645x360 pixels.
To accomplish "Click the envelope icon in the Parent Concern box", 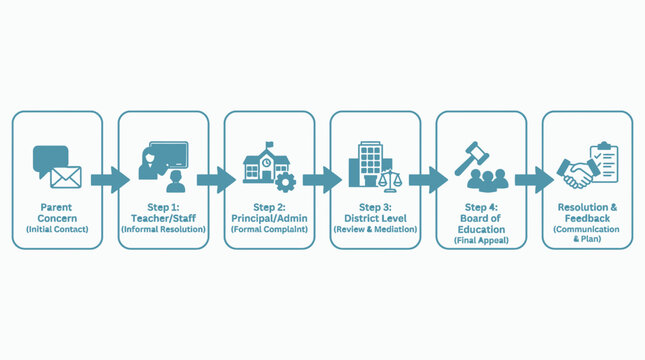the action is pyautogui.click(x=66, y=177).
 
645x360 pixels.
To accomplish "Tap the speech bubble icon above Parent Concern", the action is pyautogui.click(x=49, y=158).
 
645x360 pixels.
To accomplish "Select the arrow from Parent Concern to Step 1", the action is pyautogui.click(x=110, y=180).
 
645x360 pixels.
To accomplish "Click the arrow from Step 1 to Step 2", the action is pyautogui.click(x=216, y=180).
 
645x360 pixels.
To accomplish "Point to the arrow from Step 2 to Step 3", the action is pyautogui.click(x=322, y=180).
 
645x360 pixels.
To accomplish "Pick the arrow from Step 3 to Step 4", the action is pyautogui.click(x=428, y=180).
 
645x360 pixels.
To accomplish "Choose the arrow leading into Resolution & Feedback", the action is pyautogui.click(x=534, y=180).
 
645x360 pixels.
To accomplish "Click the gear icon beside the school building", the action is pyautogui.click(x=285, y=182).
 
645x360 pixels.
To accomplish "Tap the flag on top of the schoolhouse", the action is pyautogui.click(x=269, y=145).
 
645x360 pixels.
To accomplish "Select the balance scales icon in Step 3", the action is pyautogui.click(x=390, y=181).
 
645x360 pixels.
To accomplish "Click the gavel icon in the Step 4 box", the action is pyautogui.click(x=471, y=158).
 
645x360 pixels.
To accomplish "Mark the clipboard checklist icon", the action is pyautogui.click(x=604, y=162).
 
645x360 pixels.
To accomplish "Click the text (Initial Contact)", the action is pyautogui.click(x=57, y=229).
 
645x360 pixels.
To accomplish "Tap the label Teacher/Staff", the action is pyautogui.click(x=163, y=218).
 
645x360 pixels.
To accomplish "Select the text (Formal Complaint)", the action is pyautogui.click(x=269, y=229).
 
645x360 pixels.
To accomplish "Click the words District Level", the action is pyautogui.click(x=375, y=218).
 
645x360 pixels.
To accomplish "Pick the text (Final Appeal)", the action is pyautogui.click(x=481, y=240).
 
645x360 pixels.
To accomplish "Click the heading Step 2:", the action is pyautogui.click(x=269, y=207).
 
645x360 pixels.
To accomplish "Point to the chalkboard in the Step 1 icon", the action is pyautogui.click(x=169, y=155).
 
